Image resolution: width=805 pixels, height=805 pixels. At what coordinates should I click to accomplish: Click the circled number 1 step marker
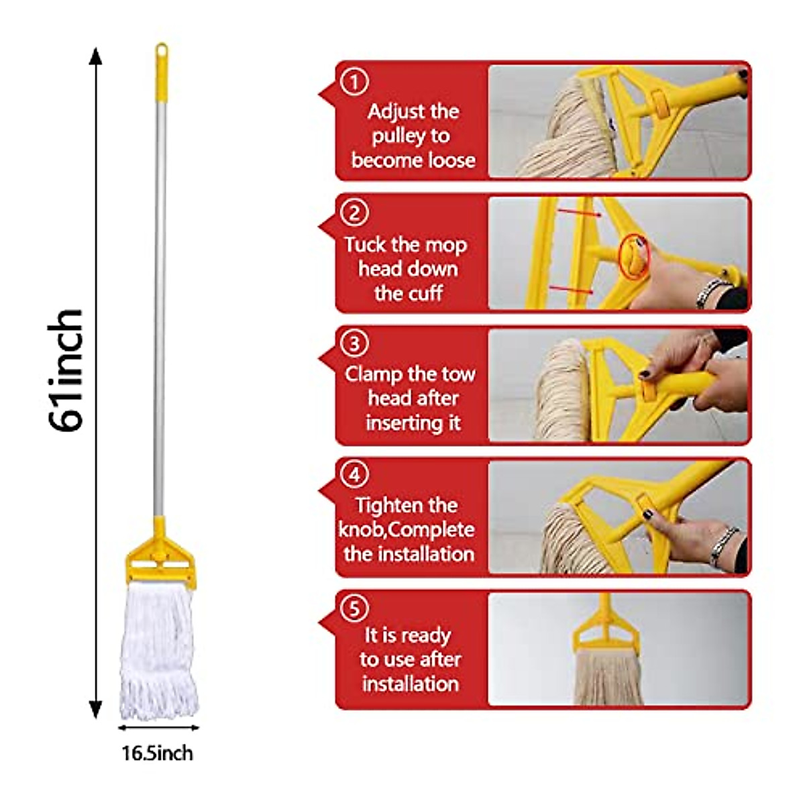click(355, 82)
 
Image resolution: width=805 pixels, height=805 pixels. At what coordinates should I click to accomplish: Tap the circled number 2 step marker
click(355, 213)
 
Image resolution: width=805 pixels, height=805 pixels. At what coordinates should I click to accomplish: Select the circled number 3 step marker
click(355, 343)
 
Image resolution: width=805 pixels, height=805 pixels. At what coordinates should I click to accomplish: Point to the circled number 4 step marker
click(355, 475)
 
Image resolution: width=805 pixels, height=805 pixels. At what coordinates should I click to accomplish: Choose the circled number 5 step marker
click(355, 608)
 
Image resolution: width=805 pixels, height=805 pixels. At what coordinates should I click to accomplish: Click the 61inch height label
click(66, 370)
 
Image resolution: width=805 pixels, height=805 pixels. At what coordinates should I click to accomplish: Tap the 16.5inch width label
click(157, 753)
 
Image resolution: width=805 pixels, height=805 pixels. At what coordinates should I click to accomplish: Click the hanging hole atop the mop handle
click(161, 50)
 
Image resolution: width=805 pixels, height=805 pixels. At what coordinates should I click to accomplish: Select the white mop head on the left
click(159, 647)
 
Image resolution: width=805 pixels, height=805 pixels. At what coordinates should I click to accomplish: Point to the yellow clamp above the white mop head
click(160, 554)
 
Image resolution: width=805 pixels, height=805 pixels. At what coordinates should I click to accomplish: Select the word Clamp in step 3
click(374, 374)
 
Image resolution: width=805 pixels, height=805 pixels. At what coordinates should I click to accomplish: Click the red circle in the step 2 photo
click(633, 256)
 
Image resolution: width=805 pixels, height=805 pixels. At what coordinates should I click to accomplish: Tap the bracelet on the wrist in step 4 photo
click(724, 547)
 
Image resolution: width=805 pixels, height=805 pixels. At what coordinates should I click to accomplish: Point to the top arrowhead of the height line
click(96, 56)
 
